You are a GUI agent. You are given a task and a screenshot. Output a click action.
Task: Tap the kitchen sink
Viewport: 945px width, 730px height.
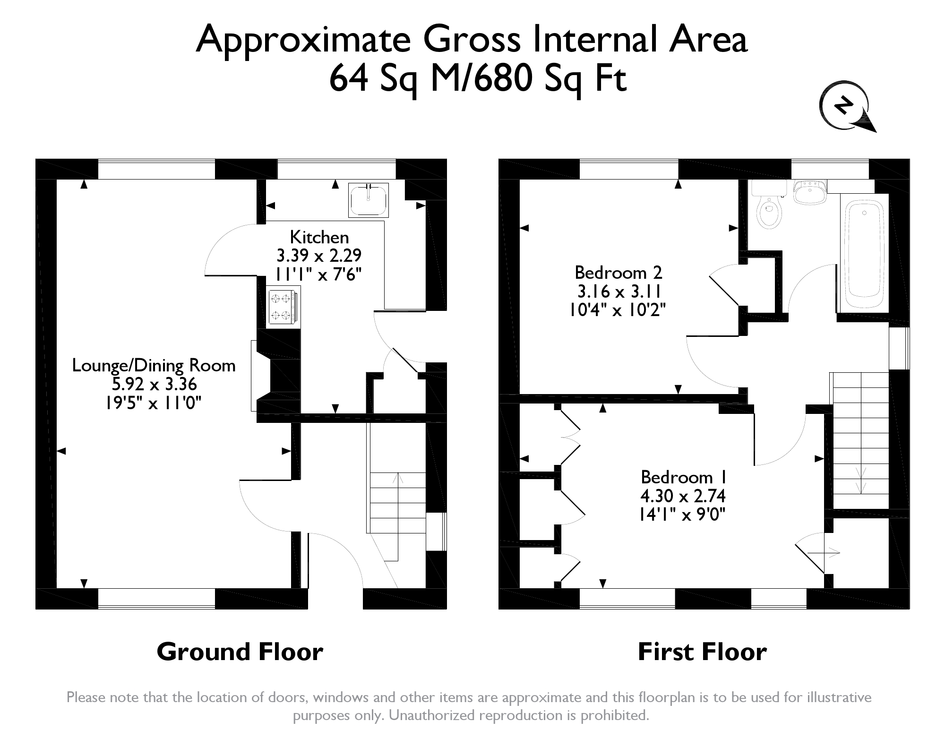point(369,200)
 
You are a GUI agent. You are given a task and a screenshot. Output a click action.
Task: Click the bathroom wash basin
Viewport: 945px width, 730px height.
point(809,192)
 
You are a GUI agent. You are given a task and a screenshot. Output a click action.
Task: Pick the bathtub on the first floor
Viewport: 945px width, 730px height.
point(864,254)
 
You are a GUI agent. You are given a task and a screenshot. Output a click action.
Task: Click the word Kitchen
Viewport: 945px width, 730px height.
point(319,237)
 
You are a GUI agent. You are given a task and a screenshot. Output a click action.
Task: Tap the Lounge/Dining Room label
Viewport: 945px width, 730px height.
point(154,366)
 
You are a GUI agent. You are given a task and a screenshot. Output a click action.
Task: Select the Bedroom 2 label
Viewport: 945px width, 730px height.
point(618,273)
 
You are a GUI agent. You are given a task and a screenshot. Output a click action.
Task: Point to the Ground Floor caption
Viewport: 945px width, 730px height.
point(240,652)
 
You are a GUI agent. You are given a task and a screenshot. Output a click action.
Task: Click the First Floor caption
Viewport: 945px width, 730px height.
point(702,652)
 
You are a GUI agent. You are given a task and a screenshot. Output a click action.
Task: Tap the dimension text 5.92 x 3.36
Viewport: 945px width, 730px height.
point(154,384)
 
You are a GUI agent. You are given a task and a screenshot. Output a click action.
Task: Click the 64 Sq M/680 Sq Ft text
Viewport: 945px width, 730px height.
point(478,78)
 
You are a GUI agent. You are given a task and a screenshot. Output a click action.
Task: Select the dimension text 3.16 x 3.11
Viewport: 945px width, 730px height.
point(618,291)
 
